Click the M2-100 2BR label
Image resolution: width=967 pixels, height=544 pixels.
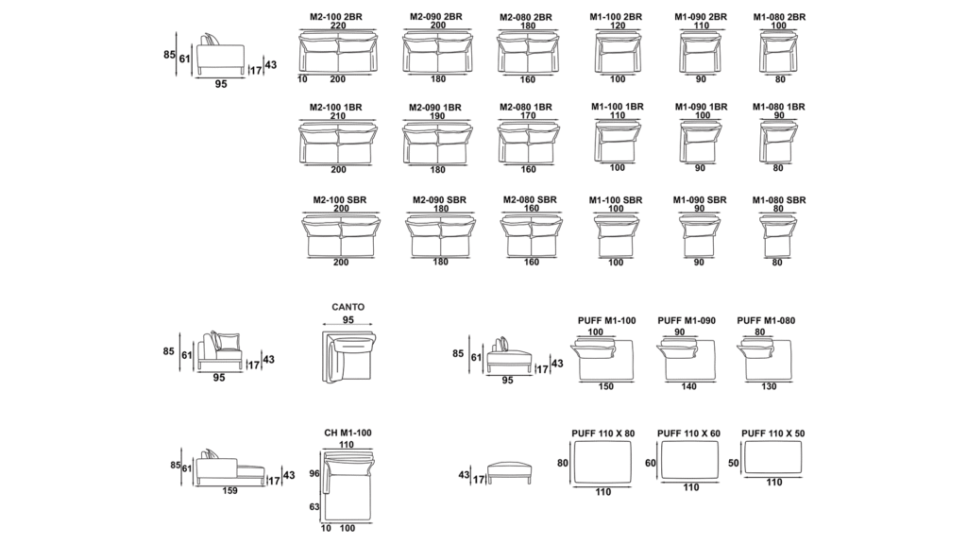click(336, 17)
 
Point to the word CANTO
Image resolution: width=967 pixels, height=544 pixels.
click(348, 307)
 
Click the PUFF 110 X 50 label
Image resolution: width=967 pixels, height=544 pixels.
click(773, 433)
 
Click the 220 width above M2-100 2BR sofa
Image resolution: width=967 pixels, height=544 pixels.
click(337, 27)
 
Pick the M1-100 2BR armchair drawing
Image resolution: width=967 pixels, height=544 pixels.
click(617, 55)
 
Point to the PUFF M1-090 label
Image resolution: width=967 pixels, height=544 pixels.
click(687, 321)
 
